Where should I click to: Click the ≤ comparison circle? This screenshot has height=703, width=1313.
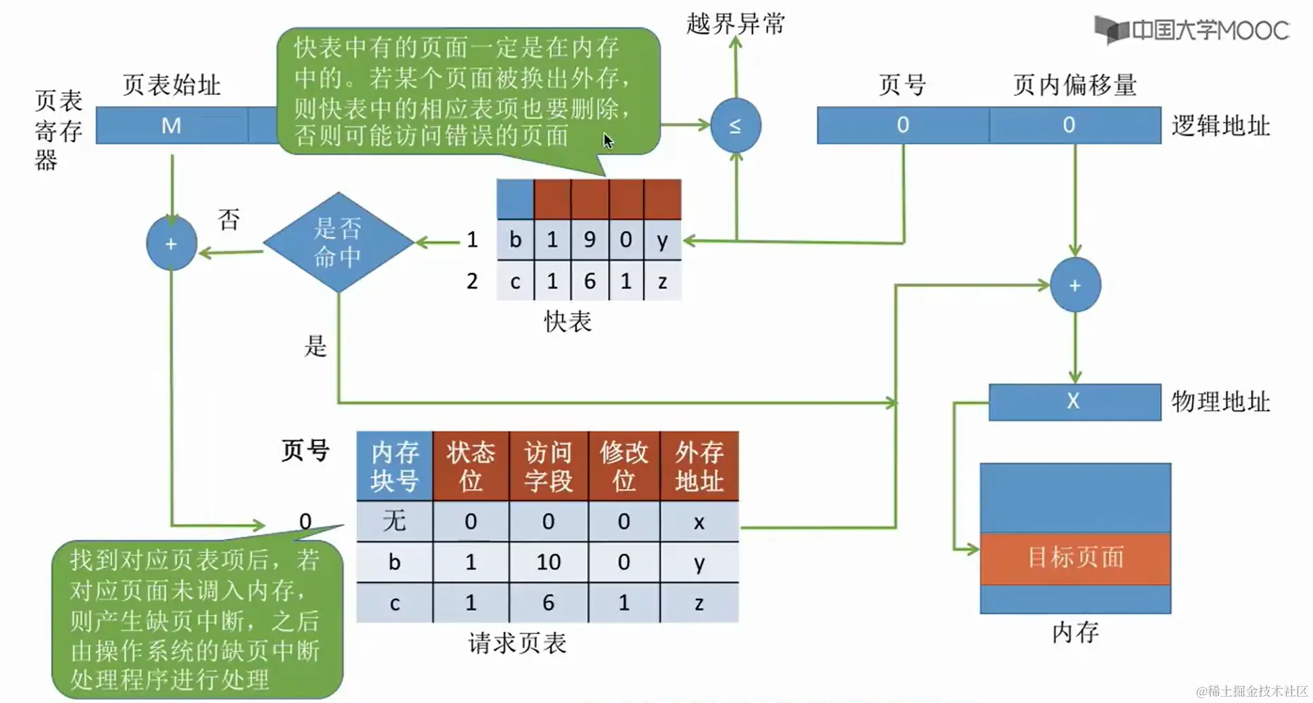pyautogui.click(x=735, y=126)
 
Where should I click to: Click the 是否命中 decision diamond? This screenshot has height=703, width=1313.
pyautogui.click(x=338, y=242)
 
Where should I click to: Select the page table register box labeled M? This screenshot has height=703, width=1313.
pyautogui.click(x=172, y=125)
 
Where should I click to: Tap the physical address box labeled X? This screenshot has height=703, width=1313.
pyautogui.click(x=1074, y=402)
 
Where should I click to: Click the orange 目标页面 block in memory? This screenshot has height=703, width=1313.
pyautogui.click(x=1075, y=558)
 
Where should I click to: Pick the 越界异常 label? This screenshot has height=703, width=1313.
pyautogui.click(x=735, y=24)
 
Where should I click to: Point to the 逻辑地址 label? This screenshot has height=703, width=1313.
pyautogui.click(x=1220, y=126)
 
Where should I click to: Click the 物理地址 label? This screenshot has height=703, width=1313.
pyautogui.click(x=1220, y=402)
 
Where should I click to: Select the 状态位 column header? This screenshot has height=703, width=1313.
pyautogui.click(x=471, y=466)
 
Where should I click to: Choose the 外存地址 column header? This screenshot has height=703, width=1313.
pyautogui.click(x=699, y=466)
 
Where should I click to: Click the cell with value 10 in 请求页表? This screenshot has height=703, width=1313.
pyautogui.click(x=548, y=562)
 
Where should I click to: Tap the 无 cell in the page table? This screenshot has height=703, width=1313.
pyautogui.click(x=394, y=521)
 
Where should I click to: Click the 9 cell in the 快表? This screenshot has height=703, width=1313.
pyautogui.click(x=590, y=240)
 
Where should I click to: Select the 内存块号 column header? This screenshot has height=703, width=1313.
pyautogui.click(x=394, y=466)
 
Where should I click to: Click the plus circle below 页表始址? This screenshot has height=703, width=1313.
pyautogui.click(x=171, y=243)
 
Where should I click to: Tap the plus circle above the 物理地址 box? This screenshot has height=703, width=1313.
pyautogui.click(x=1074, y=285)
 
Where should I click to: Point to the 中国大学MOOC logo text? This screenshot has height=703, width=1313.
pyautogui.click(x=1209, y=30)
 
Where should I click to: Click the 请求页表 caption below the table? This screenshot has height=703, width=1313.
pyautogui.click(x=517, y=643)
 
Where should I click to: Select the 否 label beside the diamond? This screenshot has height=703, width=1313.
pyautogui.click(x=229, y=220)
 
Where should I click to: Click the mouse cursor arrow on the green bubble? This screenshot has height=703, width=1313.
pyautogui.click(x=608, y=141)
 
